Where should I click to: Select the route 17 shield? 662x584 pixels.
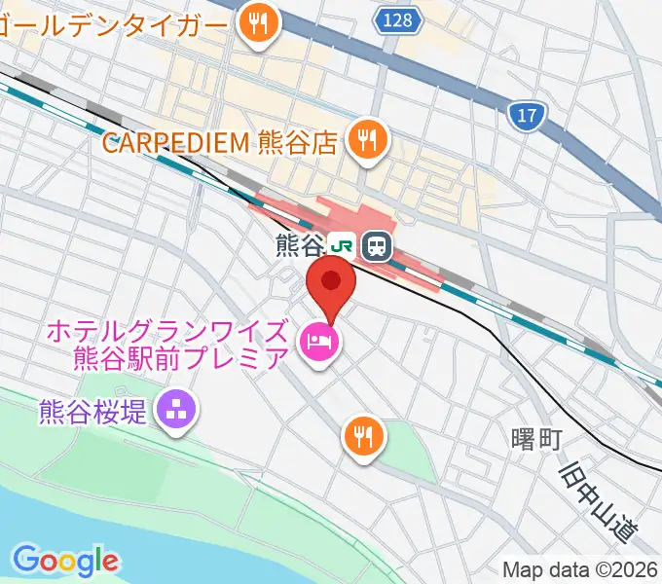[x=527, y=117]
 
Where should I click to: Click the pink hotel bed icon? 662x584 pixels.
[x=318, y=342]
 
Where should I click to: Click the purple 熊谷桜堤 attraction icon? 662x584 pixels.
[x=178, y=410]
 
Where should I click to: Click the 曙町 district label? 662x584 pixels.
[x=536, y=440]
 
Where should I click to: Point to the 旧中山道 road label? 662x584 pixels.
[x=600, y=503]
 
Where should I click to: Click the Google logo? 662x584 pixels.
[x=65, y=561]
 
